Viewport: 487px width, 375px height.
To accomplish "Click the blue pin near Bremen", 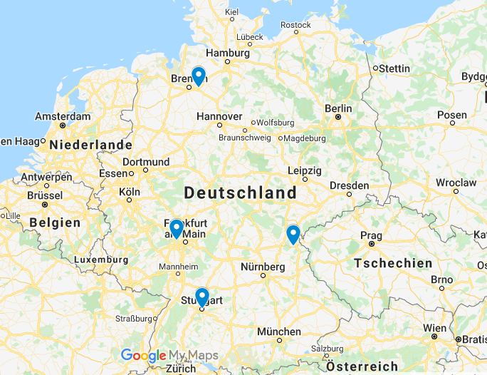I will (199, 76).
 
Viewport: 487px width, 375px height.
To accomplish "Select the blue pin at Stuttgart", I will (201, 297).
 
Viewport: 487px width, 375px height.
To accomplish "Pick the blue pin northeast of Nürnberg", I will (293, 234).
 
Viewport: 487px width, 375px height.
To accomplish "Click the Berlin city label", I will (338, 108).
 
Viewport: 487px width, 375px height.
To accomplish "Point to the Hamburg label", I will (228, 53).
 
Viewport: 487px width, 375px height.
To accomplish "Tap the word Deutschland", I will (241, 192).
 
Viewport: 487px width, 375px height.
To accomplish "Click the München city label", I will (279, 332).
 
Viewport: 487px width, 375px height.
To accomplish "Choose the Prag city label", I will (371, 235).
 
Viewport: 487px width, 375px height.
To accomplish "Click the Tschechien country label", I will (393, 263).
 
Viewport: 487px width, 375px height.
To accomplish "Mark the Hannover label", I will (219, 116).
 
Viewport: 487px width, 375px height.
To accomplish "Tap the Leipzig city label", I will (305, 170).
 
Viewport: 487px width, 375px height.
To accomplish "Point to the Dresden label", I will (350, 185).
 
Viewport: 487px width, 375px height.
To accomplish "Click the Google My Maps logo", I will (169, 355).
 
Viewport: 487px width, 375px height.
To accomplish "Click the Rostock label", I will (295, 25).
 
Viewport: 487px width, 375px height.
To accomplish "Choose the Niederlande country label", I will (90, 145).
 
